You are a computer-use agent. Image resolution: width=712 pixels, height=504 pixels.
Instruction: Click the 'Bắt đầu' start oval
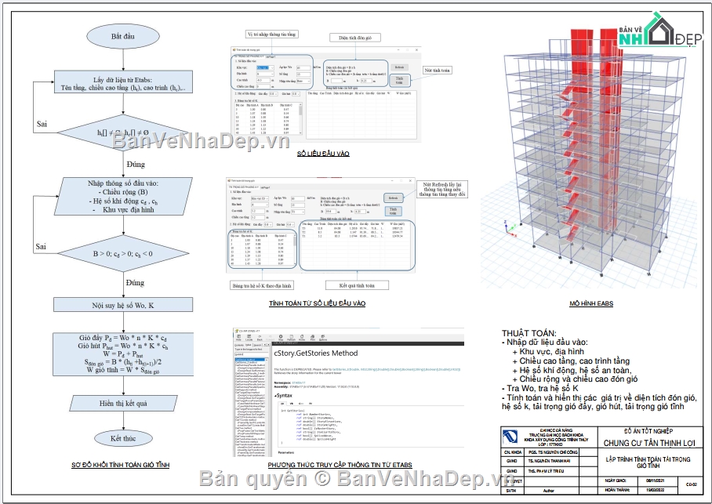[122, 36]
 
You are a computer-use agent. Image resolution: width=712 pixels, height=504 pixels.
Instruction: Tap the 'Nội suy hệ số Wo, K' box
[122, 305]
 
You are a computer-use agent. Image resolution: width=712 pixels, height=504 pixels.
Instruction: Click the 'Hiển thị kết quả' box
[122, 402]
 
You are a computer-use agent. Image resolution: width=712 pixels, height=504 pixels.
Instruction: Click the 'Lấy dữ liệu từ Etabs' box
[122, 84]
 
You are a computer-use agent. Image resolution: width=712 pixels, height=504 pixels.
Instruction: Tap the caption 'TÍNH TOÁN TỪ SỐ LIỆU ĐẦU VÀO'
[317, 303]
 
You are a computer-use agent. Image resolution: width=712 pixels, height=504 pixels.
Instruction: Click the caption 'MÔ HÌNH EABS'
[590, 303]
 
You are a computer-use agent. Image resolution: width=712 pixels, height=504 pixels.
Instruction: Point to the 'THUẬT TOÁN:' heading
[525, 333]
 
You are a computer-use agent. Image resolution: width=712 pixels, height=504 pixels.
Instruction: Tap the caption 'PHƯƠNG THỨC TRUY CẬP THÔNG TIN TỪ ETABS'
[340, 466]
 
